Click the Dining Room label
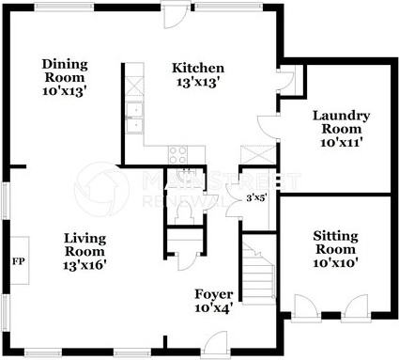pos(65,70)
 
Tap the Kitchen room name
pos(197,68)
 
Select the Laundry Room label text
pos(341,121)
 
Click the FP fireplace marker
pos(17,259)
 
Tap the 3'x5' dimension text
pos(255,198)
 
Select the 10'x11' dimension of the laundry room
pos(341,142)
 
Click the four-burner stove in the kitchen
pos(176,154)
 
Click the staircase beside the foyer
pos(259,273)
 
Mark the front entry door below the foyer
pos(214,348)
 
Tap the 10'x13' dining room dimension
pos(65,91)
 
